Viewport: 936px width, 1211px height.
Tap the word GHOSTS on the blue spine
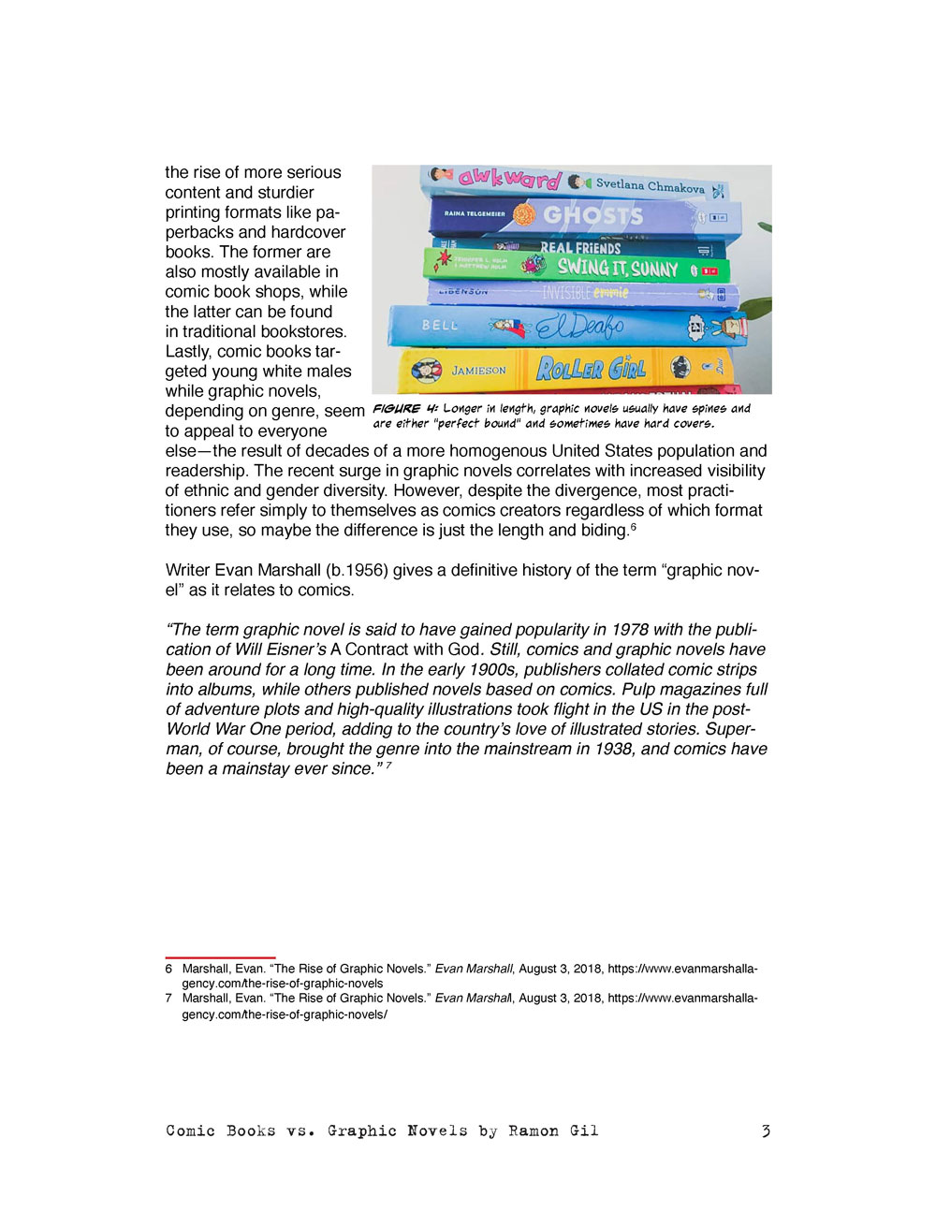pyautogui.click(x=592, y=215)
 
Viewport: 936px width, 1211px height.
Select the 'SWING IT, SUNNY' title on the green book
pyautogui.click(x=618, y=269)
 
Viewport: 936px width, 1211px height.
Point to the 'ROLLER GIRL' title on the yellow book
pyautogui.click(x=591, y=369)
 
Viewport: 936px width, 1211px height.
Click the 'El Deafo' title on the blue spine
pyautogui.click(x=579, y=327)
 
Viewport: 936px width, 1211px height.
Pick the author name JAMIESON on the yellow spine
pyautogui.click(x=478, y=371)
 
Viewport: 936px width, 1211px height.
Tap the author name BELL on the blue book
pyautogui.click(x=440, y=325)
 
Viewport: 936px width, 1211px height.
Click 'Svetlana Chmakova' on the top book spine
pyautogui.click(x=650, y=185)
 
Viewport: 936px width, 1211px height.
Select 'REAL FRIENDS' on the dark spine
pyautogui.click(x=580, y=248)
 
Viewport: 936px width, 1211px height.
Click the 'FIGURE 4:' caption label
pyautogui.click(x=405, y=409)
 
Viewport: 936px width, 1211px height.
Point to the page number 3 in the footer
pyautogui.click(x=765, y=1131)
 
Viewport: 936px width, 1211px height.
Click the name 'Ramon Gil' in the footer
pyautogui.click(x=553, y=1131)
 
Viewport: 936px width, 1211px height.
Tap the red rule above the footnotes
pyautogui.click(x=220, y=957)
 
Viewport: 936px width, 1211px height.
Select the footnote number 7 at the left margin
pyautogui.click(x=168, y=998)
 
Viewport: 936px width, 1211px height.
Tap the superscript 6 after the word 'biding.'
pyautogui.click(x=634, y=527)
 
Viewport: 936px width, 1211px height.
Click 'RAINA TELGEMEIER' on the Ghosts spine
pyautogui.click(x=475, y=213)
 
